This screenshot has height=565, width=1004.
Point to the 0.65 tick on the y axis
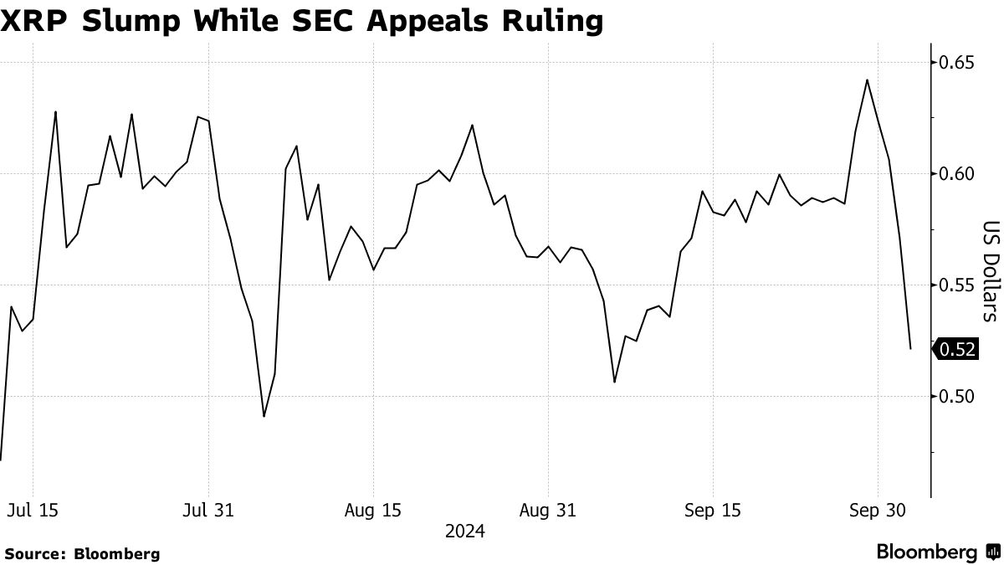(956, 63)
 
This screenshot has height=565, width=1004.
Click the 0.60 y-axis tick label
(956, 174)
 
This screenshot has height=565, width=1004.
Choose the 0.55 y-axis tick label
(956, 285)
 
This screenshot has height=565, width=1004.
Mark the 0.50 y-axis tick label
(956, 396)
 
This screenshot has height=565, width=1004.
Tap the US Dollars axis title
(990, 271)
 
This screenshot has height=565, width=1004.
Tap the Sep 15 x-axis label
(712, 511)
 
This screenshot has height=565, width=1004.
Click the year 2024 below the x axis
(464, 532)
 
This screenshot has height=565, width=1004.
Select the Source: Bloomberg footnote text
(82, 553)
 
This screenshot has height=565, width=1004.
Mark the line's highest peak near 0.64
(867, 80)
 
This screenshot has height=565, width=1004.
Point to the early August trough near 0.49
(264, 416)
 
